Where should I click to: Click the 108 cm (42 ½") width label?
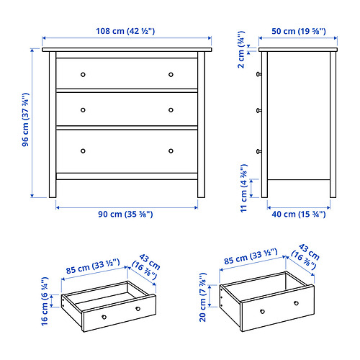(x=125, y=31)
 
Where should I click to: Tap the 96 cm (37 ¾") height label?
(x=25, y=120)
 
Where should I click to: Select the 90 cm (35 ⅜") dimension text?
(x=125, y=214)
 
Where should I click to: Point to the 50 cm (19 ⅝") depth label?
(x=299, y=31)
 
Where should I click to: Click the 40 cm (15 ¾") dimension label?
(x=299, y=214)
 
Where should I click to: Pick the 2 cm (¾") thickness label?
(x=241, y=50)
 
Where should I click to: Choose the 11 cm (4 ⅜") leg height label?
(x=244, y=188)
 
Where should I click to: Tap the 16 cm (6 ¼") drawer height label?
(x=45, y=302)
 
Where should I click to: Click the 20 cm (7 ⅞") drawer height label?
(x=202, y=297)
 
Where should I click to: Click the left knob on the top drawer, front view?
(x=83, y=74)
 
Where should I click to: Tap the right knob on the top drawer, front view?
(x=171, y=74)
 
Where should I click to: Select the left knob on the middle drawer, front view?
(x=83, y=110)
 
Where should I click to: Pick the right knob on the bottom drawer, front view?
(x=171, y=151)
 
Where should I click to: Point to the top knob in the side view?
(x=259, y=74)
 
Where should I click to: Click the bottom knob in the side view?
(x=259, y=151)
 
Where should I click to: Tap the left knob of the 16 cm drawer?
(x=104, y=317)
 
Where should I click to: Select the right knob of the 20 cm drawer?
(x=297, y=303)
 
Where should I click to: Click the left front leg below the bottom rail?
(x=53, y=189)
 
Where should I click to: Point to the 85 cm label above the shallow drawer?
(x=93, y=266)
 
